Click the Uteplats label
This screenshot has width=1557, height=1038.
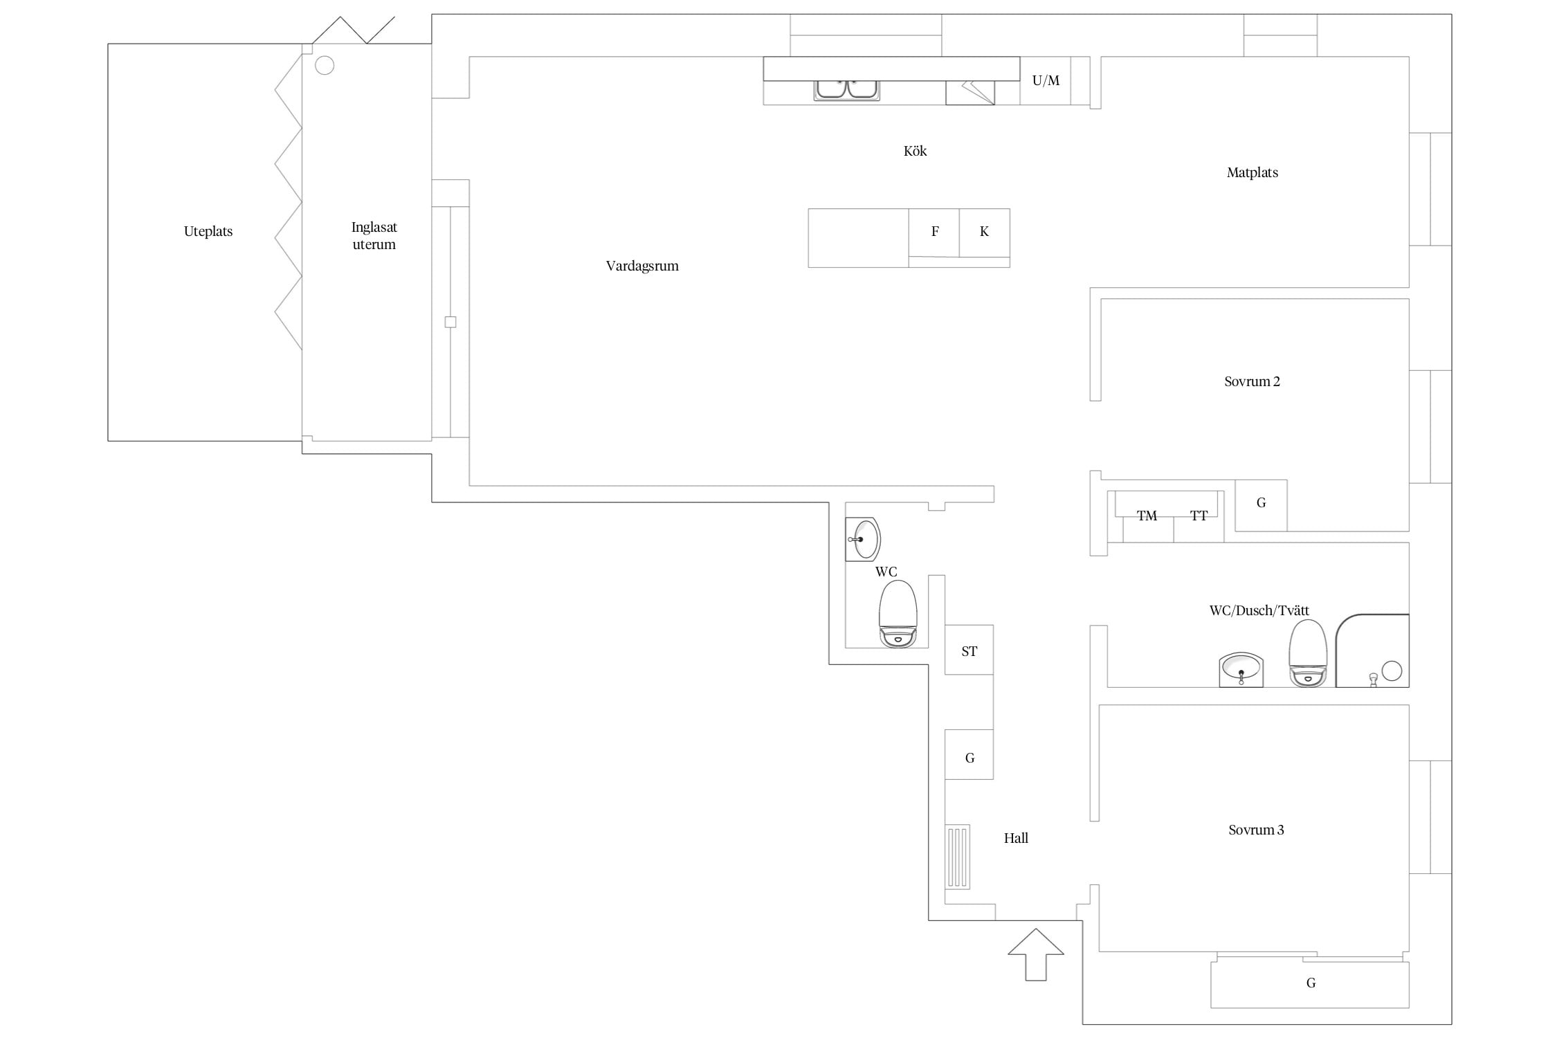208,232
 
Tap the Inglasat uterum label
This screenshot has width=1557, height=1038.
374,235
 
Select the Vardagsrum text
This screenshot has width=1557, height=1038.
642,266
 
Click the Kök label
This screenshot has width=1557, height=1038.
915,151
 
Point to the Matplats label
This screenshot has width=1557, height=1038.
1252,173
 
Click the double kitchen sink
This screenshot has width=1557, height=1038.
846,90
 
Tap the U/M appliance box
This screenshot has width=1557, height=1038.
1046,81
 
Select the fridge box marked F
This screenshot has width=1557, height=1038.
934,233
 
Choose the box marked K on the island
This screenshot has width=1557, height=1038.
985,233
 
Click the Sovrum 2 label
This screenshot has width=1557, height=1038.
1252,381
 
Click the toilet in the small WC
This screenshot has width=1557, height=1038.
898,614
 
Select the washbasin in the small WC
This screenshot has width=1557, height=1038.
863,539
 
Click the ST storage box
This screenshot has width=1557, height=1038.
969,650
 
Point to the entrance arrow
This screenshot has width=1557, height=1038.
1035,954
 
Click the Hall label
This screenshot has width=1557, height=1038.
1016,839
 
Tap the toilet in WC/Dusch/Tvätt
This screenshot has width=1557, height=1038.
1307,653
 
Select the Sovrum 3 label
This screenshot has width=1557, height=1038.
1256,830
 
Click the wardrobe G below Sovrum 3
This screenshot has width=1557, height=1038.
1310,984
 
